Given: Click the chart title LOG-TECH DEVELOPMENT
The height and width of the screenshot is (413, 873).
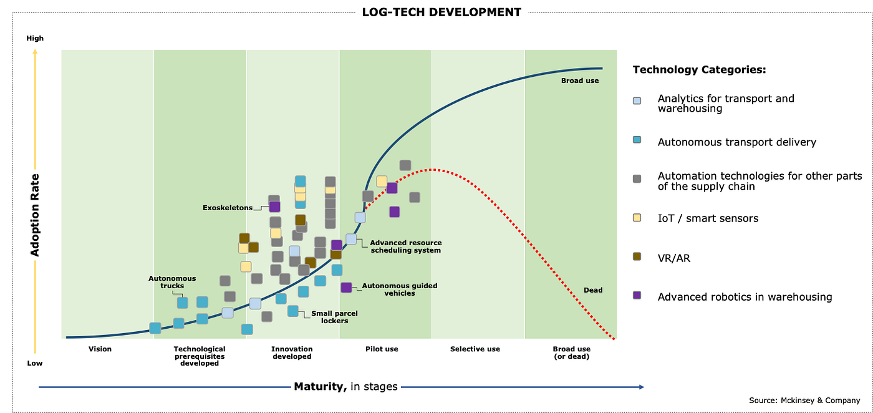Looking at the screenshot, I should point(441,12).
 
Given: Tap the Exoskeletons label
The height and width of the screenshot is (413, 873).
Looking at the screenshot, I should point(228,208).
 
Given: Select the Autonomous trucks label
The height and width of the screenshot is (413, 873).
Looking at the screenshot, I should point(172,282).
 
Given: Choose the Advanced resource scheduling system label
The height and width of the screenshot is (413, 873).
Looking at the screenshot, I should point(406,246).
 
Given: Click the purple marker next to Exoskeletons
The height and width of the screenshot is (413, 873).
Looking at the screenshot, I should point(274,206).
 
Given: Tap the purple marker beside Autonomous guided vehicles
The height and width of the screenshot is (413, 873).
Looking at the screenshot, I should point(346,287).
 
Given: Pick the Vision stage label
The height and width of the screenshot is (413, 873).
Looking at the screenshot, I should point(100,349).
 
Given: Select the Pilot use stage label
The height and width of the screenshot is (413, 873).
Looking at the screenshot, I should point(382,349).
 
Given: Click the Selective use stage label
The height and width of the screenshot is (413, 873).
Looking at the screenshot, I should point(475,349).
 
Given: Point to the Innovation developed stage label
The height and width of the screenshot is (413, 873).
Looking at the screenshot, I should point(292,352).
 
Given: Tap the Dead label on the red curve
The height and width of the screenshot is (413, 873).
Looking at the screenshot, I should point(593,290).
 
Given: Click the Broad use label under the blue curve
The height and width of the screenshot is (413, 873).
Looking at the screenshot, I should point(580,80).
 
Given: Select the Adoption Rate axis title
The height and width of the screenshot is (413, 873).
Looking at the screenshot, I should point(36,215).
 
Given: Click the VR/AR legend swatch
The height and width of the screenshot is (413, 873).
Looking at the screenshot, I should point(637,256).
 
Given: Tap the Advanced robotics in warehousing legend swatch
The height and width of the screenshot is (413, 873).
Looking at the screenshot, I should point(637,295).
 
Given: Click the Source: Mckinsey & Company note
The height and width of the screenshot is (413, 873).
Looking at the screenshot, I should point(804,400).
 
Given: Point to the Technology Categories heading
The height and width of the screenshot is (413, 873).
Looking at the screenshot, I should point(699,70).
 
